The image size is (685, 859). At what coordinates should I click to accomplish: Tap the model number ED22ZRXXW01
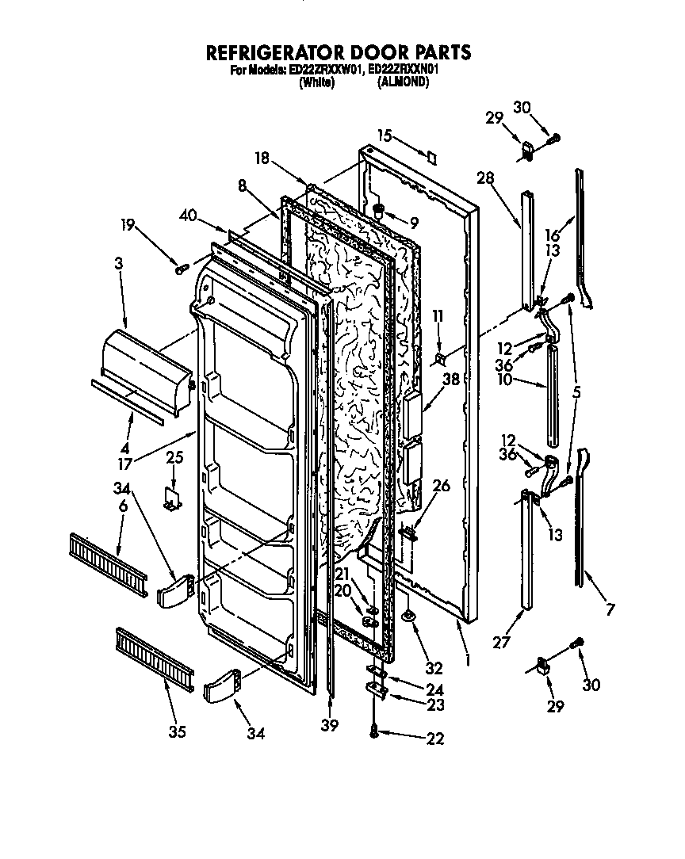(327, 70)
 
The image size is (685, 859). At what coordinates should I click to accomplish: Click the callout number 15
(385, 136)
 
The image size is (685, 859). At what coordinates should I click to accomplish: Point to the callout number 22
(434, 739)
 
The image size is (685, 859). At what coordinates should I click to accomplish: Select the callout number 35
(177, 731)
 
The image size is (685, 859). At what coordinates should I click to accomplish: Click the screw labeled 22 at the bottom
(373, 733)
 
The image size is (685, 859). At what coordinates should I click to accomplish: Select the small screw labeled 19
(182, 269)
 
